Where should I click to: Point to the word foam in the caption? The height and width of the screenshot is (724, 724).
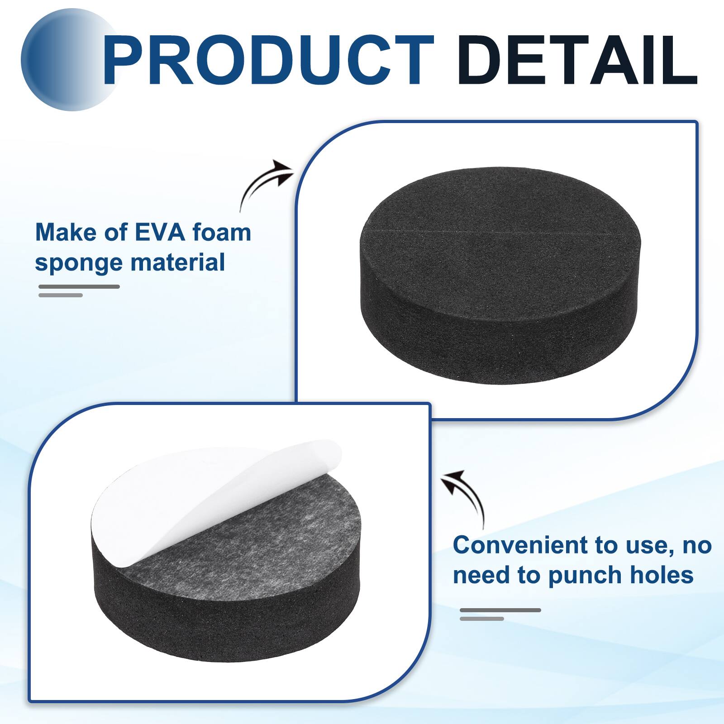[221, 232]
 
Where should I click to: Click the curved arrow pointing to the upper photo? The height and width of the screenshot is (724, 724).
[265, 183]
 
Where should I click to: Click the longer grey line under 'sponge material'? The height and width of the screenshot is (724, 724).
[79, 286]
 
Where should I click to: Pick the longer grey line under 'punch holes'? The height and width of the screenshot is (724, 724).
[500, 610]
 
